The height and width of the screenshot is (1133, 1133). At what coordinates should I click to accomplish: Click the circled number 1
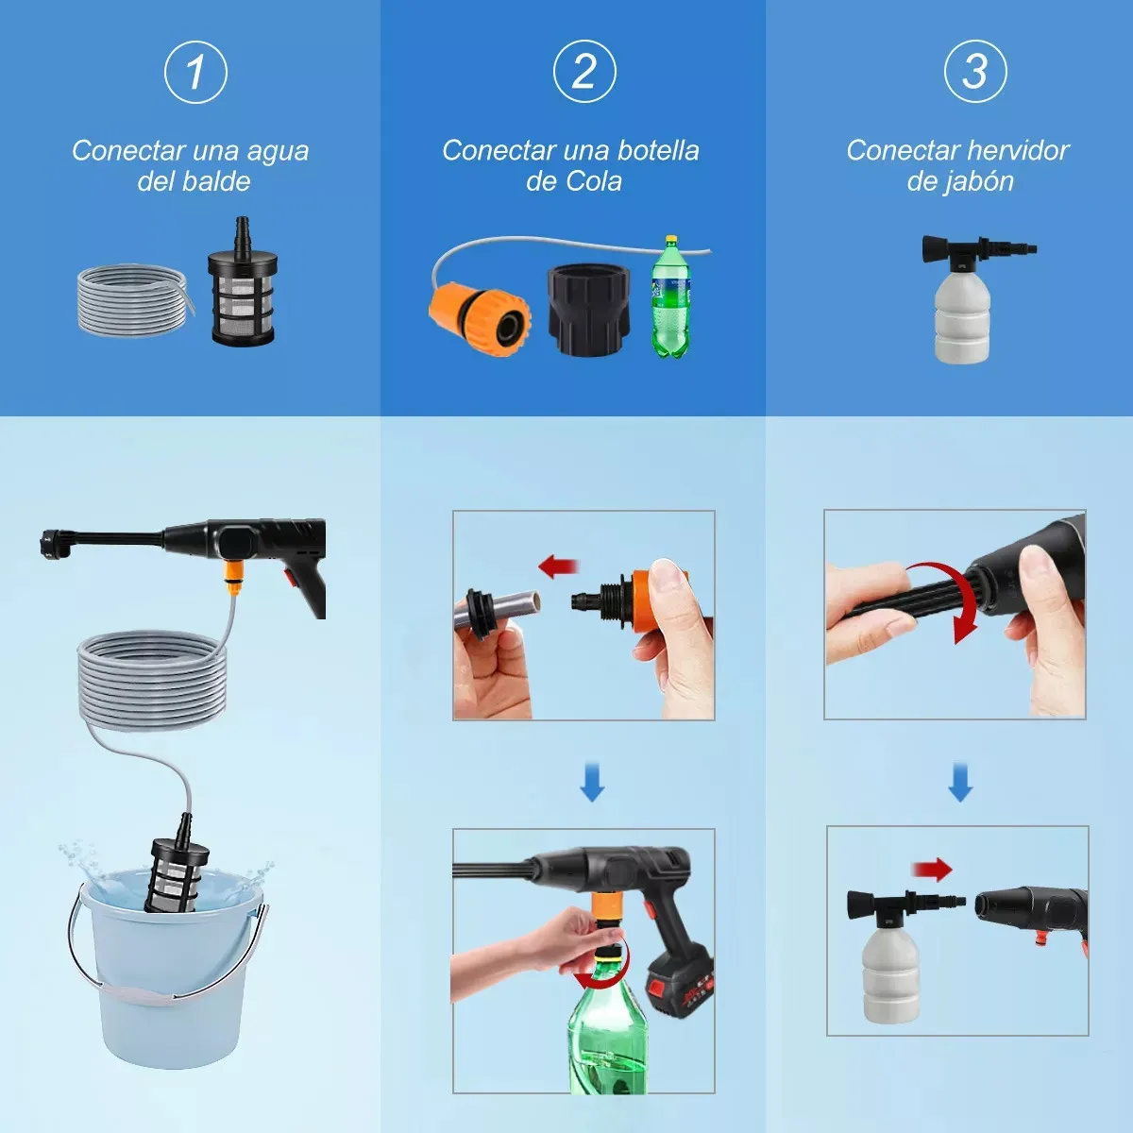[x=195, y=73]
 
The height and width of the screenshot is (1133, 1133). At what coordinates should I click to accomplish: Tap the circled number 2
[x=584, y=72]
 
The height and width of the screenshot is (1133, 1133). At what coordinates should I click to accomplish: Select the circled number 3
[x=975, y=71]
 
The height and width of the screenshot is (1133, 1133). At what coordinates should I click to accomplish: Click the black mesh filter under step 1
[x=242, y=282]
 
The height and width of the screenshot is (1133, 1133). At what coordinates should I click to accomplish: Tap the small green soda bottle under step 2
[x=671, y=296]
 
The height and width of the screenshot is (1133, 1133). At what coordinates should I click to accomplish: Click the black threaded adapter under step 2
[x=590, y=310]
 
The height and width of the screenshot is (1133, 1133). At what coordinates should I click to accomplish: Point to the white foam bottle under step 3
[x=963, y=300]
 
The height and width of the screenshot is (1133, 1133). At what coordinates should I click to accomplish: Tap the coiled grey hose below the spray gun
[x=152, y=680]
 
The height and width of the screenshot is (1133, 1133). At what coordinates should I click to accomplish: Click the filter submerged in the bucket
[x=176, y=864]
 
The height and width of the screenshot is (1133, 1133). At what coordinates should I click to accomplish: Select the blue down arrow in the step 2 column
[x=592, y=782]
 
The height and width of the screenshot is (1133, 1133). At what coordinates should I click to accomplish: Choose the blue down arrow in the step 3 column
[x=960, y=782]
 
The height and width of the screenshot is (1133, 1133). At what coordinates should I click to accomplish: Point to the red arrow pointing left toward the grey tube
[x=559, y=566]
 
